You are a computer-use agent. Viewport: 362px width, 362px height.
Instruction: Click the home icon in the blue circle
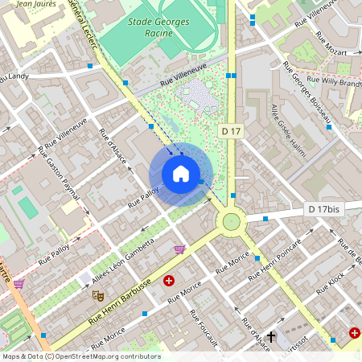[181, 174]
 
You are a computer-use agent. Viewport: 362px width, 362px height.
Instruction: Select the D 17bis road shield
[324, 209]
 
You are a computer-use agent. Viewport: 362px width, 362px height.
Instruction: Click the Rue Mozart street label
[331, 44]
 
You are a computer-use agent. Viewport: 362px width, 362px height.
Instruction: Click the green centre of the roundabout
[232, 221]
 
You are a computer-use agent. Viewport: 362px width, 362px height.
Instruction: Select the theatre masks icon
[98, 295]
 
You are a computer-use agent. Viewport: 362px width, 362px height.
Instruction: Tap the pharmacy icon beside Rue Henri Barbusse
[169, 281]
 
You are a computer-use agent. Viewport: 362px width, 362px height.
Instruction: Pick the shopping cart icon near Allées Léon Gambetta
[179, 249]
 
